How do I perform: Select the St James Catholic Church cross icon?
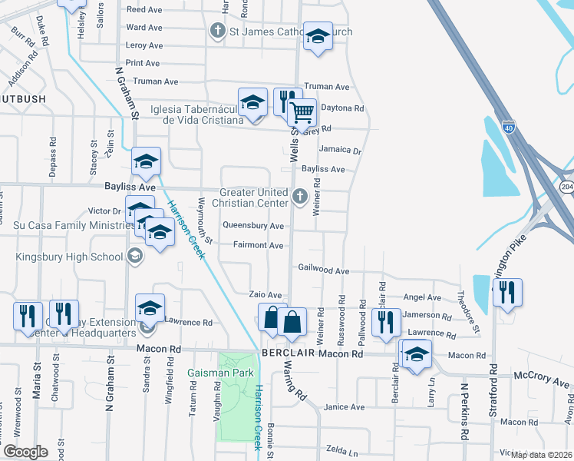(x=217, y=31)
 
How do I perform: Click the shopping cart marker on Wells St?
(x=302, y=113)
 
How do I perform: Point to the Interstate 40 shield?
(x=509, y=125)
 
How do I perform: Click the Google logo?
(x=25, y=452)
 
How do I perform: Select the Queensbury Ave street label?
(x=253, y=226)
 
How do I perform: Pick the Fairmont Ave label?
(x=254, y=245)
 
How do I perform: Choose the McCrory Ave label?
(x=541, y=381)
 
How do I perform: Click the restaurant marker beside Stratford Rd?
(x=507, y=293)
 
